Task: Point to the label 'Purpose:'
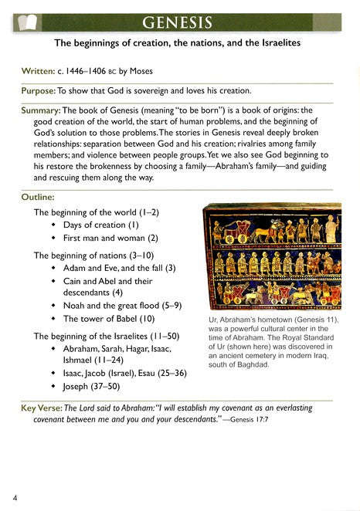click(44, 90)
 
